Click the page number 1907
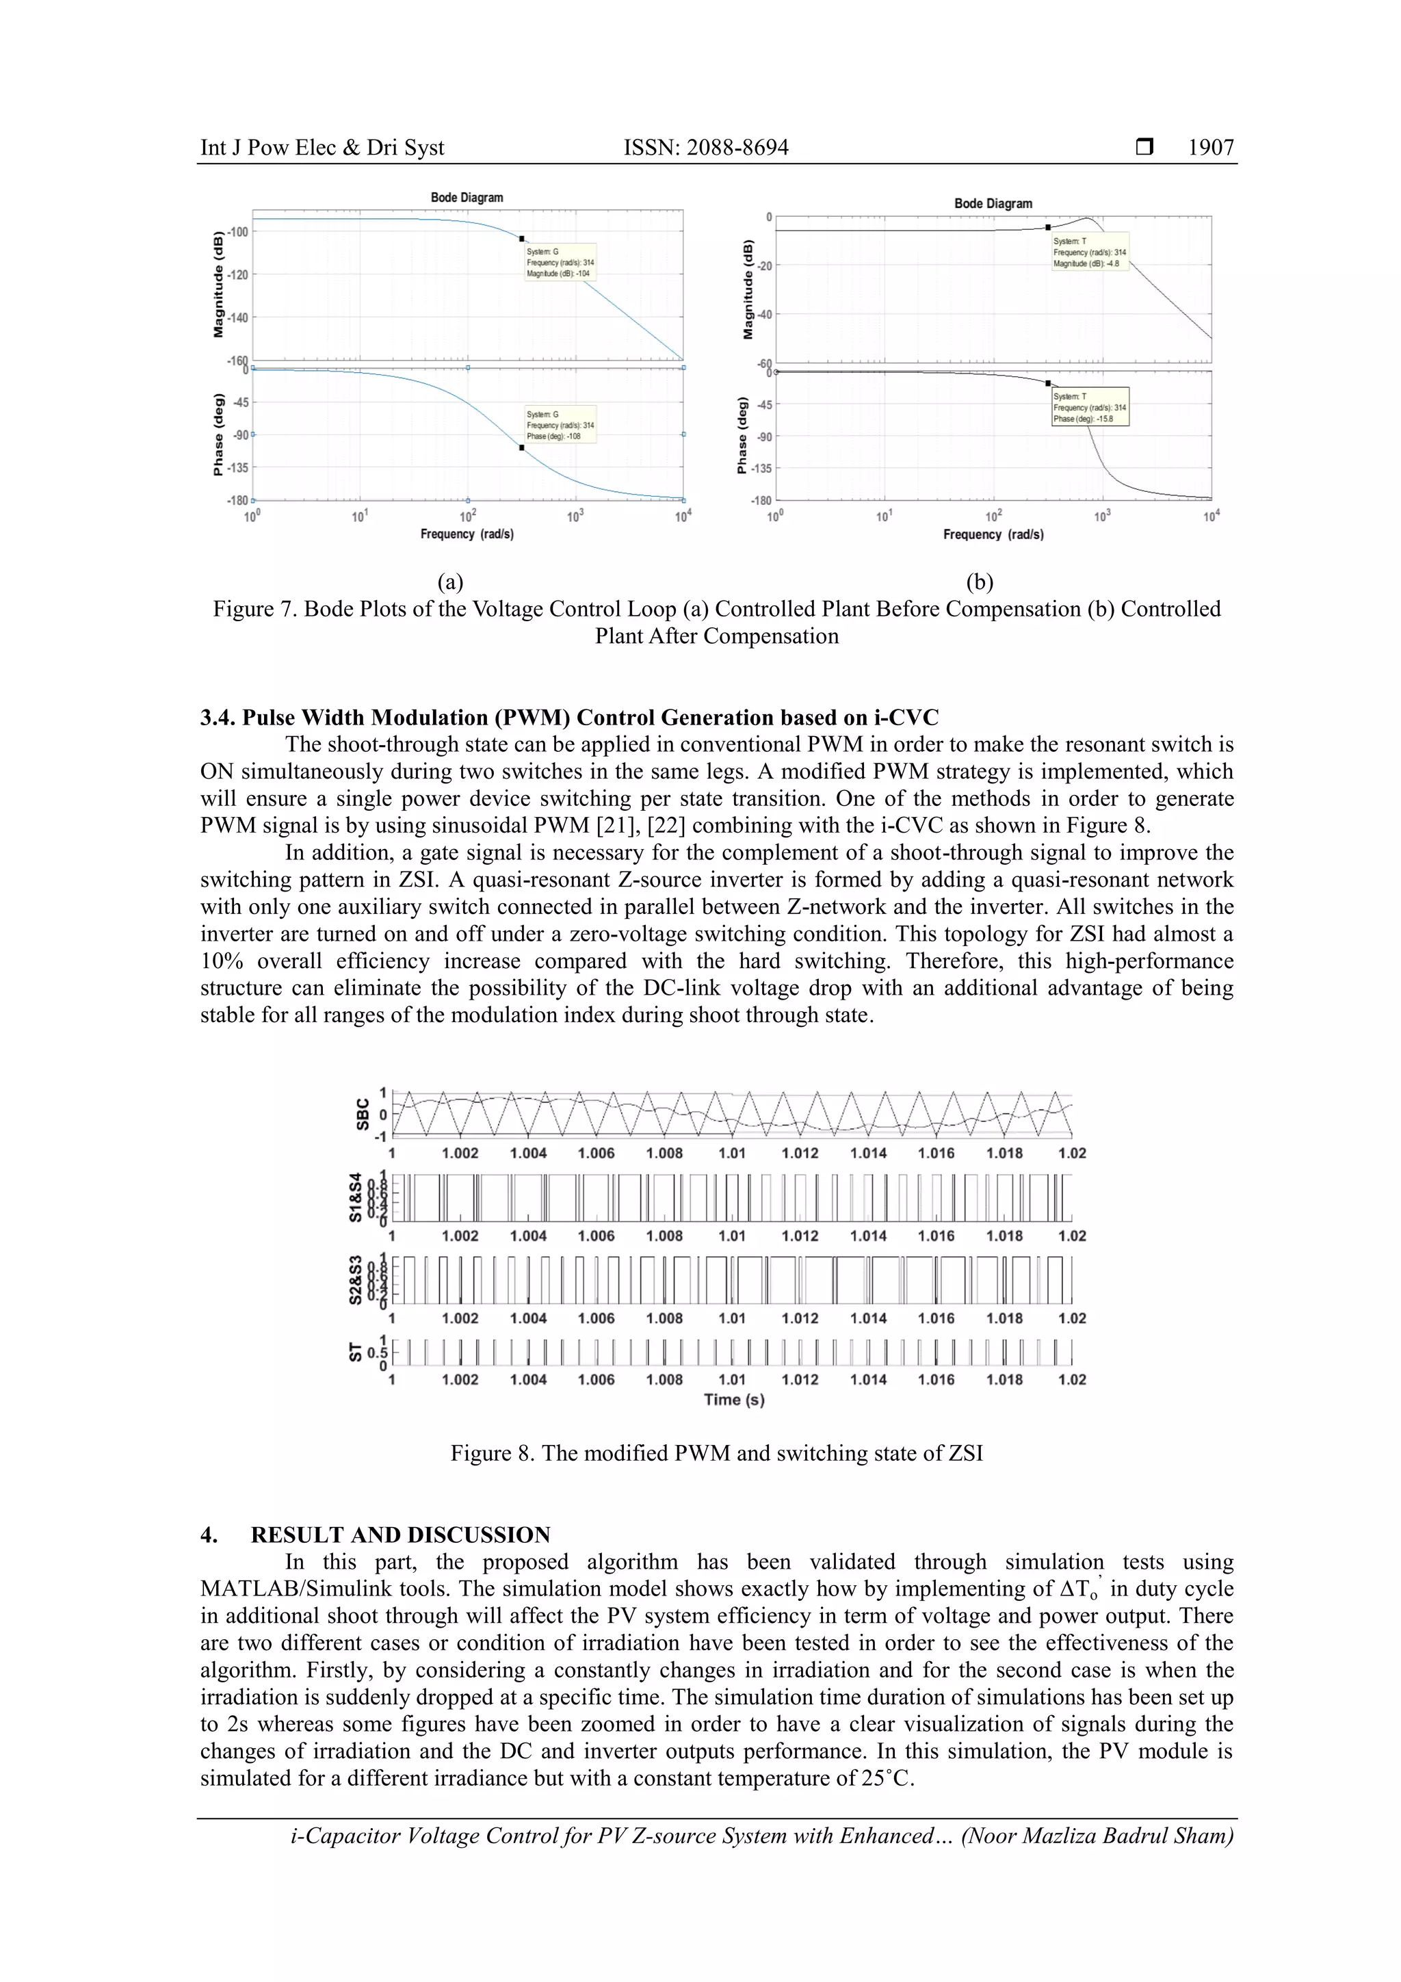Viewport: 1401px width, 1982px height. click(x=1210, y=148)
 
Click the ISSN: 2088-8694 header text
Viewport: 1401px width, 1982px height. click(x=705, y=148)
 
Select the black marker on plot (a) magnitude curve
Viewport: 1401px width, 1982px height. click(x=521, y=238)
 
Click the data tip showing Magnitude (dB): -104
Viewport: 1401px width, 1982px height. click(x=560, y=263)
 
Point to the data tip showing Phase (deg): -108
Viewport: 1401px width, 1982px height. click(x=560, y=426)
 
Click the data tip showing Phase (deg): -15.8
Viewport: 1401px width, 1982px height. click(x=1089, y=408)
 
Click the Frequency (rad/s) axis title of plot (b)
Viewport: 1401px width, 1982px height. click(x=993, y=534)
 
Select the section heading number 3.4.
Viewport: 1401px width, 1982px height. click(x=218, y=718)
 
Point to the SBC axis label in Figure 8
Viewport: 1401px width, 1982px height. click(x=363, y=1114)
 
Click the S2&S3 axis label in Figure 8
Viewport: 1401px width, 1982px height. click(x=356, y=1279)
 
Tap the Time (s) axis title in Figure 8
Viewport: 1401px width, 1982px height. click(x=734, y=1399)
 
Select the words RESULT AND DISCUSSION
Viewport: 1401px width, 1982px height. click(x=401, y=1535)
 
